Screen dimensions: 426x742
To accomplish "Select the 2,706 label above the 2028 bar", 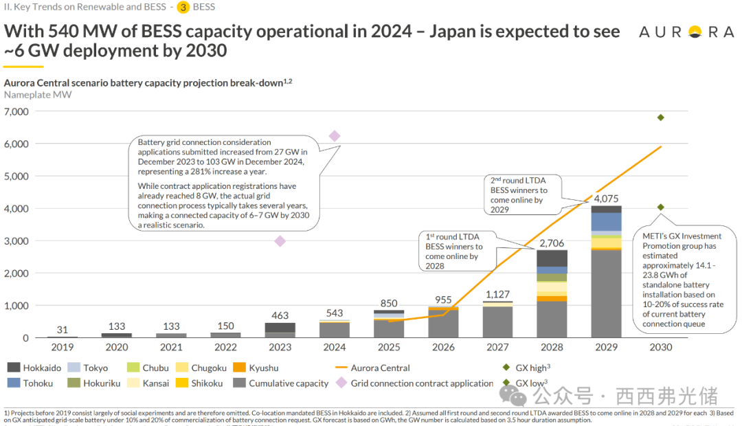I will (552, 243).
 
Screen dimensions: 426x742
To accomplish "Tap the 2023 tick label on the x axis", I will (280, 347).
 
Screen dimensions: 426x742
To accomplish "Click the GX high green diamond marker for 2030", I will (660, 117).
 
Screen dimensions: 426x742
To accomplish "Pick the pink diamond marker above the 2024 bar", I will (335, 136).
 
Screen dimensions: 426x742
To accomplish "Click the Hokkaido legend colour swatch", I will (13, 368).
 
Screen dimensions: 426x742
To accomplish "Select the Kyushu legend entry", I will (251, 368).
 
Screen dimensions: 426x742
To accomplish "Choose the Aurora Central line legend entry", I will (370, 368).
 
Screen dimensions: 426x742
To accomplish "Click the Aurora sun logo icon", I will (695, 32).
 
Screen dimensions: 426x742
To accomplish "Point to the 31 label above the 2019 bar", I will (62, 329).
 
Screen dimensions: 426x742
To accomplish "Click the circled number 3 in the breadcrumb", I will (183, 8).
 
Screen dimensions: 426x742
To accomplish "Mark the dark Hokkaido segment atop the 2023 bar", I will (280, 328).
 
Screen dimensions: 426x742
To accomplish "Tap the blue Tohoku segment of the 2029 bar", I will (606, 221).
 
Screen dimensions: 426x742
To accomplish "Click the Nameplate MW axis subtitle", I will (38, 95).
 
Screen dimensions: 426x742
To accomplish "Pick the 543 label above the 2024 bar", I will (335, 313).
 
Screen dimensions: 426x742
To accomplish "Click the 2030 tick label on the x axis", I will (660, 347).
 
